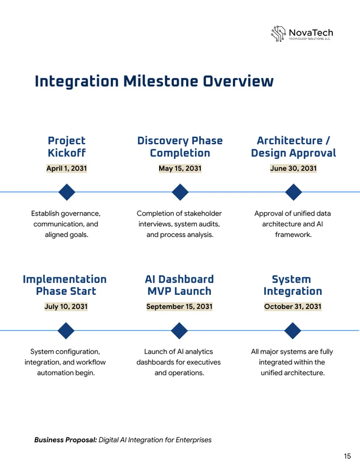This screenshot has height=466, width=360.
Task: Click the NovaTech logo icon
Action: coord(279,34)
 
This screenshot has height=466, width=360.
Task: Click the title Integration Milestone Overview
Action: coord(154,82)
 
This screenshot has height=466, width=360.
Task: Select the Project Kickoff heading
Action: coord(66,147)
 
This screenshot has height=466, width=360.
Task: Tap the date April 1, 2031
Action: coord(66,168)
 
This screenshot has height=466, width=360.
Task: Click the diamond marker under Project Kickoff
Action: coord(66,192)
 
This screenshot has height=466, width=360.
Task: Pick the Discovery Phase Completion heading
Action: coord(180,147)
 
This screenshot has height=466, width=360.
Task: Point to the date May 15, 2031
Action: coord(180,168)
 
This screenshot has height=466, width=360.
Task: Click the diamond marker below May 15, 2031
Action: coord(180,192)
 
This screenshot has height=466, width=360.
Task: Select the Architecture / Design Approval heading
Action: coord(293,147)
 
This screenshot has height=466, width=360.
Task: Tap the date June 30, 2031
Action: coord(293,168)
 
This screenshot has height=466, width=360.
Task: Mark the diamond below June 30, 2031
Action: coord(293,192)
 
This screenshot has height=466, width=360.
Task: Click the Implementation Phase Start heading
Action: coord(65,285)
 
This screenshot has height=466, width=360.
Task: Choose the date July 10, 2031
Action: coord(66,307)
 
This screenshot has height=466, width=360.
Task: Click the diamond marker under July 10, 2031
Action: coord(66,330)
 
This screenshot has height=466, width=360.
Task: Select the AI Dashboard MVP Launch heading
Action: coord(179,285)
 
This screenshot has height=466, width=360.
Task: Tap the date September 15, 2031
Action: coord(179,307)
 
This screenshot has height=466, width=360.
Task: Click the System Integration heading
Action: coord(292,285)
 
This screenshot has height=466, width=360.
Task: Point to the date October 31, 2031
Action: coord(292,307)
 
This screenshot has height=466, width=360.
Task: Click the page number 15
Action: coord(347,456)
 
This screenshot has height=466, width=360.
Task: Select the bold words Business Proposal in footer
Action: coord(65,440)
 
